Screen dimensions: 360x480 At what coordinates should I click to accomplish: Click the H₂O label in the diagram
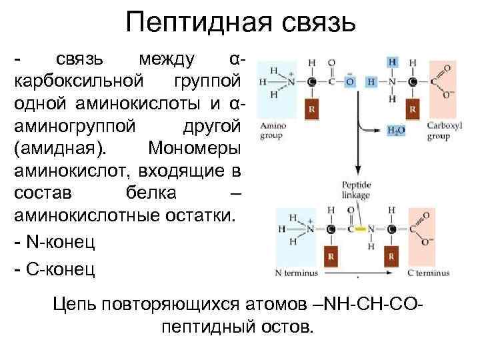[x=397, y=131]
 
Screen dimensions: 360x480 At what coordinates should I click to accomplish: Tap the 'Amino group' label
[x=273, y=131]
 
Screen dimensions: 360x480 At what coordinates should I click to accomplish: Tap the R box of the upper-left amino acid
[x=313, y=109]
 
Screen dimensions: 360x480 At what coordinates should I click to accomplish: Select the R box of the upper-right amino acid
[x=413, y=109]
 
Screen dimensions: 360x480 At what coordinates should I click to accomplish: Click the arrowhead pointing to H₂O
[x=381, y=131]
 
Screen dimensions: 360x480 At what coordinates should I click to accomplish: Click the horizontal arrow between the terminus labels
[x=359, y=275]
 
